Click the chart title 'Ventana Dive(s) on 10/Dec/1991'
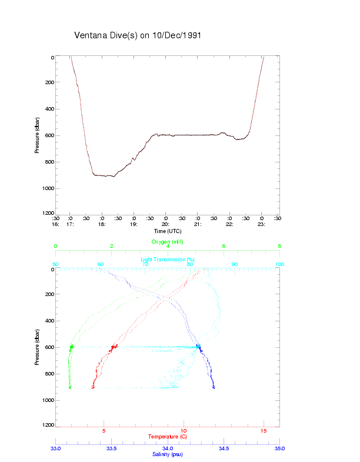tap(138, 35)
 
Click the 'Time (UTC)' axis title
tap(165, 231)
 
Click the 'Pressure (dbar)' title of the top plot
tap(37, 135)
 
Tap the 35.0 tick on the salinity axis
tap(279, 448)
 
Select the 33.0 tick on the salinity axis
tap(56, 448)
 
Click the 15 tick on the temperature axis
tap(264, 431)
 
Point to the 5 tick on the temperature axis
tap(104, 431)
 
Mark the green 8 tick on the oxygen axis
tap(279, 246)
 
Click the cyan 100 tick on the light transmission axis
tap(279, 264)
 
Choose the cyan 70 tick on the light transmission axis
tap(145, 264)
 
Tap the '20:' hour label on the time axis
tap(165, 224)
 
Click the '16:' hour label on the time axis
tap(56, 224)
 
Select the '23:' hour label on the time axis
tap(261, 224)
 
